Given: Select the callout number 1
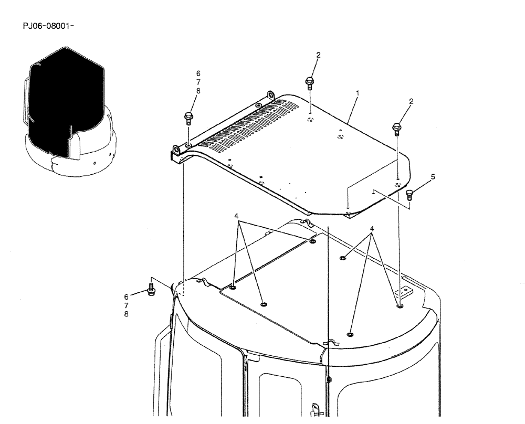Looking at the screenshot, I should pyautogui.click(x=358, y=93).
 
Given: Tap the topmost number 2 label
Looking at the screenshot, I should pyautogui.click(x=318, y=55).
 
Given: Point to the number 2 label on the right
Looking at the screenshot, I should pyautogui.click(x=411, y=101).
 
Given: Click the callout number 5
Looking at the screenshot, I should pyautogui.click(x=433, y=177).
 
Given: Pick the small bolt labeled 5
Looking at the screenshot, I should pyautogui.click(x=411, y=195).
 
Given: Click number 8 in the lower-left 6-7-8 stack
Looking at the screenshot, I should pyautogui.click(x=126, y=314).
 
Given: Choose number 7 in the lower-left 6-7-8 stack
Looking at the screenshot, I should pyautogui.click(x=126, y=305).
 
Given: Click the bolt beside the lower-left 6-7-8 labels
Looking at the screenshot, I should pyautogui.click(x=151, y=289).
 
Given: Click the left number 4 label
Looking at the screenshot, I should pyautogui.click(x=236, y=216).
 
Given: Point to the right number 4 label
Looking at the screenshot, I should pyautogui.click(x=372, y=229).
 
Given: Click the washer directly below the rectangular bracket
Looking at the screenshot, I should pyautogui.click(x=400, y=306).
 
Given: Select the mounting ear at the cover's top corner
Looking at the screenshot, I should pyautogui.click(x=271, y=95).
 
